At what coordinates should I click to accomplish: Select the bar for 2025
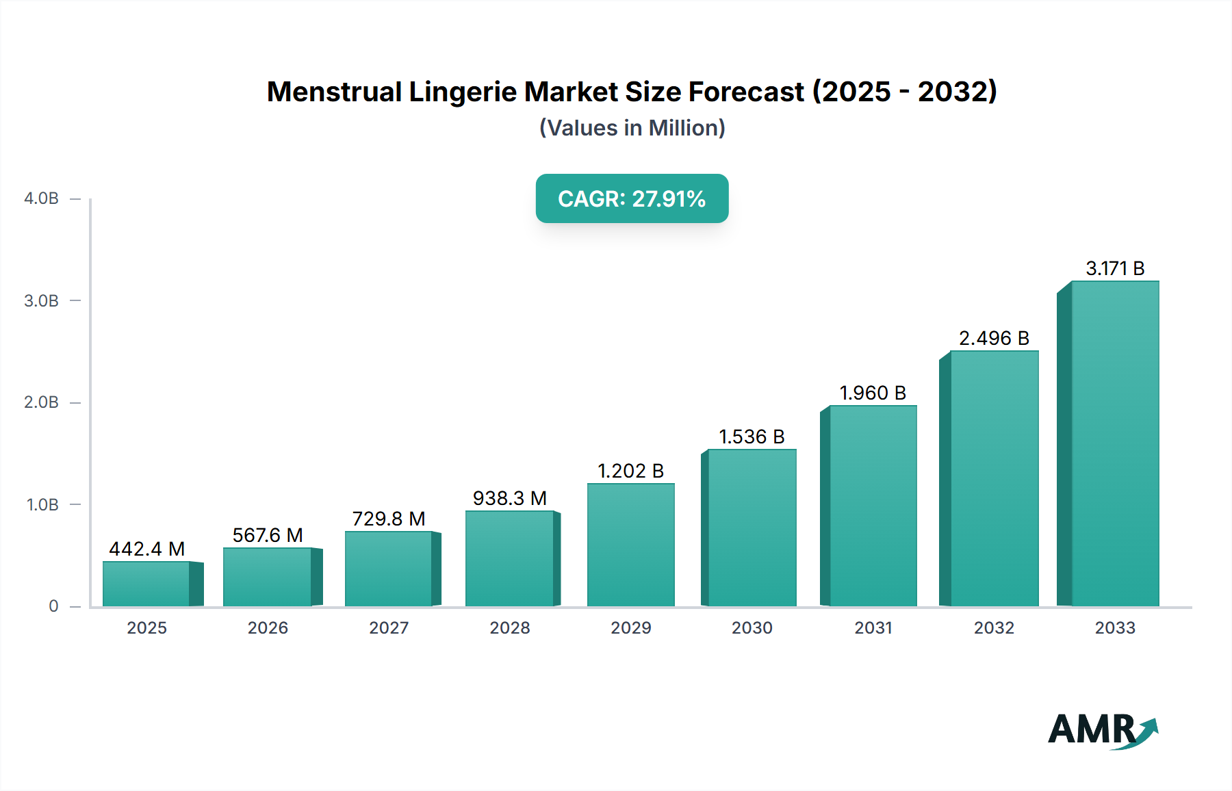[x=146, y=584]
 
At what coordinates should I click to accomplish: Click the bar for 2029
[x=630, y=545]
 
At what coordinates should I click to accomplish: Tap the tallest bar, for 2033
[x=1114, y=443]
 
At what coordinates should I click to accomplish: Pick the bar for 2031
[x=872, y=506]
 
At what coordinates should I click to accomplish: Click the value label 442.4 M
[x=147, y=549]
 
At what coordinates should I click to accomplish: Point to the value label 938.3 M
[x=509, y=498]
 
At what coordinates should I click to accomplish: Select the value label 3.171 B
[x=1115, y=268]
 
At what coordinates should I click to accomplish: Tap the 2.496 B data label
[x=994, y=338]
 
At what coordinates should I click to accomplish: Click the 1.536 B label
[x=752, y=437]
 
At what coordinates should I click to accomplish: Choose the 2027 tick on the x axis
[x=389, y=627]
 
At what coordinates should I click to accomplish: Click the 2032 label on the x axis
[x=994, y=627]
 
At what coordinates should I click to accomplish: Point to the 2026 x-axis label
[x=268, y=627]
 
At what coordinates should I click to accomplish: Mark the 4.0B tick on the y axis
[x=42, y=198]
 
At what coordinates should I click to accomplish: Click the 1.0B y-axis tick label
[x=42, y=505]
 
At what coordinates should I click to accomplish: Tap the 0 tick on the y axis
[x=53, y=606]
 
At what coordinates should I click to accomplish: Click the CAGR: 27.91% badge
[x=632, y=198]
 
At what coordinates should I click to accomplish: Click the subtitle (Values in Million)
[x=632, y=128]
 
